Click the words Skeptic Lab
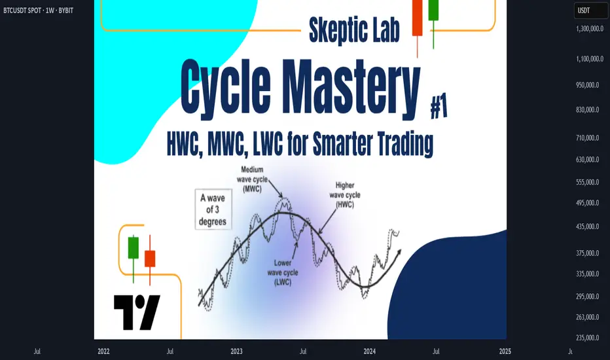tap(354, 30)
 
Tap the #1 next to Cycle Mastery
tap(439, 107)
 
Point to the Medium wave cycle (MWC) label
tap(252, 179)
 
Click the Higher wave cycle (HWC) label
tap(345, 195)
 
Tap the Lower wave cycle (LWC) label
tap(283, 272)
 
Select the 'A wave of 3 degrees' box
tap(213, 209)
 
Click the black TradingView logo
tap(137, 312)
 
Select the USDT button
tap(591, 10)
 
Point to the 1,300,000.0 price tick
tap(590, 29)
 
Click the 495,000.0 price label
tap(588, 203)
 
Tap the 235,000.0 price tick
tap(588, 338)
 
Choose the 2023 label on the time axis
tap(236, 351)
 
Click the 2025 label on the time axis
tap(505, 351)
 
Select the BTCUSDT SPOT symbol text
tap(22, 10)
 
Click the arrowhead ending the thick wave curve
tap(398, 253)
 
